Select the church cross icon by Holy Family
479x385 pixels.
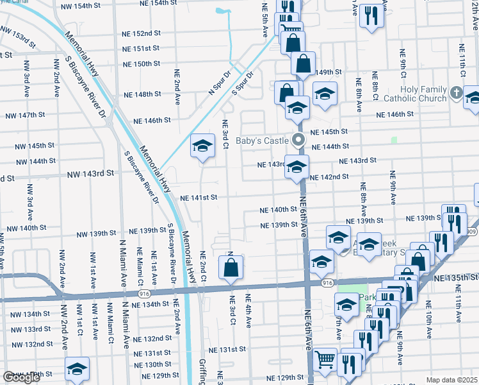click(x=456, y=93)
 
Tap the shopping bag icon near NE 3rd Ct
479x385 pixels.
click(x=231, y=268)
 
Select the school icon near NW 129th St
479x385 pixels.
click(x=77, y=368)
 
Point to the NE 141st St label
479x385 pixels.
click(x=199, y=198)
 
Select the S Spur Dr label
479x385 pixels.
click(x=243, y=83)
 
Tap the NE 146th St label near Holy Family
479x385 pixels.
click(x=395, y=114)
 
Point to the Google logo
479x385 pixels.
click(x=21, y=377)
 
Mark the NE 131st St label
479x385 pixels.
click(x=227, y=349)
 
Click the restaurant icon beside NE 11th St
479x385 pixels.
click(x=371, y=16)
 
